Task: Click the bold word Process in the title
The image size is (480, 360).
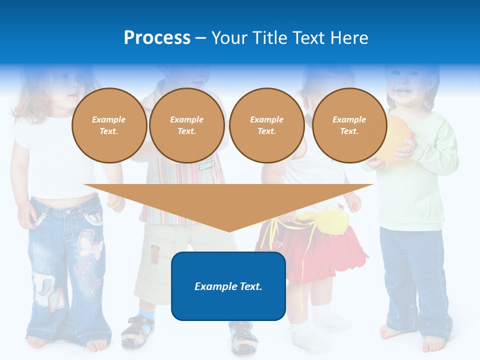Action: coord(157,38)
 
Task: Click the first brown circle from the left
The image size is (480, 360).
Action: coord(109,125)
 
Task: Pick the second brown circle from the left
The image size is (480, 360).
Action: coord(186,125)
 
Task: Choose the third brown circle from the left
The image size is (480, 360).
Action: coord(266,125)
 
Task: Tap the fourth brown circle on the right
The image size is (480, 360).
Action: coord(349,125)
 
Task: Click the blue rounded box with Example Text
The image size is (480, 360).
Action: coord(228,286)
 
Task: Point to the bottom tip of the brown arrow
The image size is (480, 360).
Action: coord(228,230)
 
